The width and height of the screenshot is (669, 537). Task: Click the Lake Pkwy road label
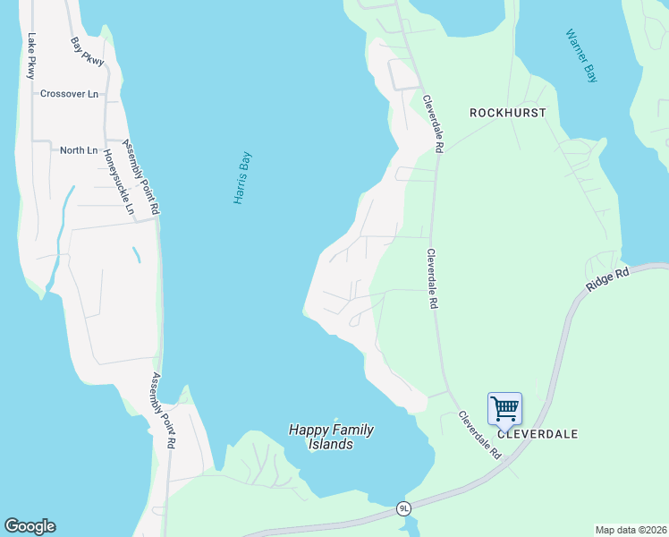click(x=31, y=55)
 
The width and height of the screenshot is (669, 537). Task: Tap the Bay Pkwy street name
click(x=88, y=51)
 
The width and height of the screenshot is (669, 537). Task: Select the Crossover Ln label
click(x=69, y=93)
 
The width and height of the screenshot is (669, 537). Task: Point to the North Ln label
click(x=78, y=150)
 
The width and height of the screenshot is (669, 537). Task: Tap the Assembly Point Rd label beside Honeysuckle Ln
click(x=140, y=177)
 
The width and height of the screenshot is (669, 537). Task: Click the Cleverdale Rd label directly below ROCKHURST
click(x=435, y=124)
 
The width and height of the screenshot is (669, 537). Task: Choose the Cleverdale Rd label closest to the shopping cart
click(x=480, y=435)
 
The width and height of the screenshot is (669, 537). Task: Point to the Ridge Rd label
click(x=608, y=277)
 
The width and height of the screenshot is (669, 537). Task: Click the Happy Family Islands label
click(x=331, y=437)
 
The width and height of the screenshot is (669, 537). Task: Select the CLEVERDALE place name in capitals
click(x=538, y=434)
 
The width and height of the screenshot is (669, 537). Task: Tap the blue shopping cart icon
click(x=505, y=409)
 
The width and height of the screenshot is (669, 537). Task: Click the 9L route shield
click(x=404, y=507)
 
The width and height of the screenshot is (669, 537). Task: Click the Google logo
click(x=30, y=526)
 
